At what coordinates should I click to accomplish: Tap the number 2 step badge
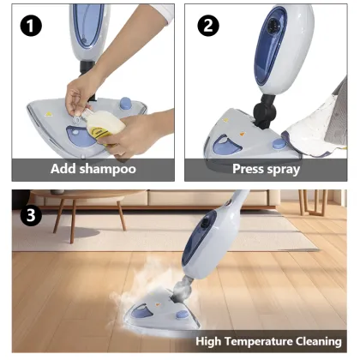(207, 25)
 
